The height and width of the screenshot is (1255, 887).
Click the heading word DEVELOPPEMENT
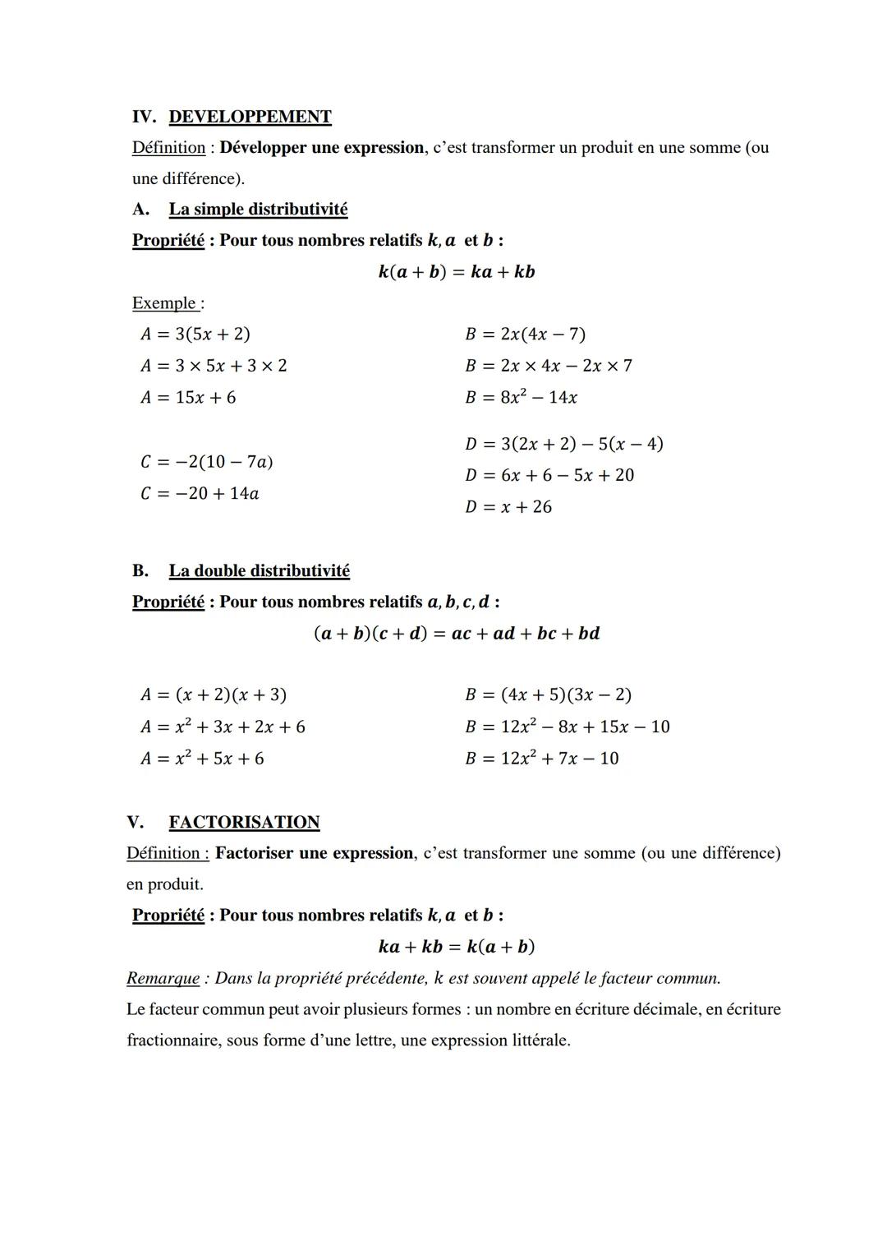point(250,117)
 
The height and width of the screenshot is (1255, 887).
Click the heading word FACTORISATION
point(244,822)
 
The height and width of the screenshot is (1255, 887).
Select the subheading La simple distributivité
point(258,209)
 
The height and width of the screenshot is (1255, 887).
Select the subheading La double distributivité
point(259,570)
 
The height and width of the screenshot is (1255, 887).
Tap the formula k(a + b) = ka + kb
point(456,272)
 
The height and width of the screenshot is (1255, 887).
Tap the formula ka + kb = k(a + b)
point(456,947)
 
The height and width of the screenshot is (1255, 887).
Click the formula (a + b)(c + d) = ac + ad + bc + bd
point(457,634)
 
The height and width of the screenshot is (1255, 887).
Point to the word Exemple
point(164,303)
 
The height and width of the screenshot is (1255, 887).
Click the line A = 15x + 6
point(188,398)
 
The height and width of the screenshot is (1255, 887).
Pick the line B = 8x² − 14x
point(521,398)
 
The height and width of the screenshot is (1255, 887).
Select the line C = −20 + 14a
point(200,494)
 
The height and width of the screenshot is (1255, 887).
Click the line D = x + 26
point(508,507)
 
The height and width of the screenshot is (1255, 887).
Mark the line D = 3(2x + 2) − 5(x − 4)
point(563,444)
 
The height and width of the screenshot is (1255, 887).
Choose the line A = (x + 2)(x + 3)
point(214,695)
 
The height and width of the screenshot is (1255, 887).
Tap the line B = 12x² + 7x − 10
point(542,759)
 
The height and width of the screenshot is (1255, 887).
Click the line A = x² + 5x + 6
point(202,759)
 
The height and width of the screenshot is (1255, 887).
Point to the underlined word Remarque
point(163,978)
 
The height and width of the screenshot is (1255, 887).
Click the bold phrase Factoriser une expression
point(314,853)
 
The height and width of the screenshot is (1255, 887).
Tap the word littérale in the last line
point(540,1040)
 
